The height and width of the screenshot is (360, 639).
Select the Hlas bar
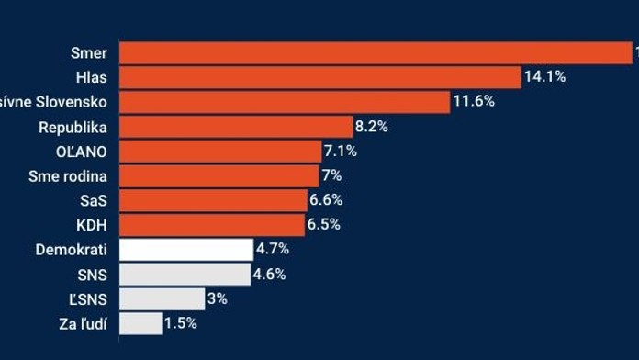tap(319, 78)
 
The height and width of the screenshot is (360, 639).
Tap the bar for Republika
tap(236, 127)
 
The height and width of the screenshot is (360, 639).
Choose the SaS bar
tap(213, 200)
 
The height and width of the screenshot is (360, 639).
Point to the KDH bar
tap(212, 225)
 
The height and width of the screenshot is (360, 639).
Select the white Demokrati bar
tap(186, 250)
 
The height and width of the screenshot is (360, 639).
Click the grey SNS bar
tap(185, 274)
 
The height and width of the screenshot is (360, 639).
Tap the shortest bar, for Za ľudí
tap(140, 323)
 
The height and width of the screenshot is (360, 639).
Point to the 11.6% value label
tap(473, 102)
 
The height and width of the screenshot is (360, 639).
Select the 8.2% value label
tap(371, 127)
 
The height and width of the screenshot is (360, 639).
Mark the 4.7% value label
tap(273, 249)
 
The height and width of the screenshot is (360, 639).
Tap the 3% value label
tap(218, 298)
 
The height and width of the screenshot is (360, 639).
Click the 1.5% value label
tap(180, 323)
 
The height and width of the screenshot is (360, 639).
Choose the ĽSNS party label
tap(90, 298)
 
